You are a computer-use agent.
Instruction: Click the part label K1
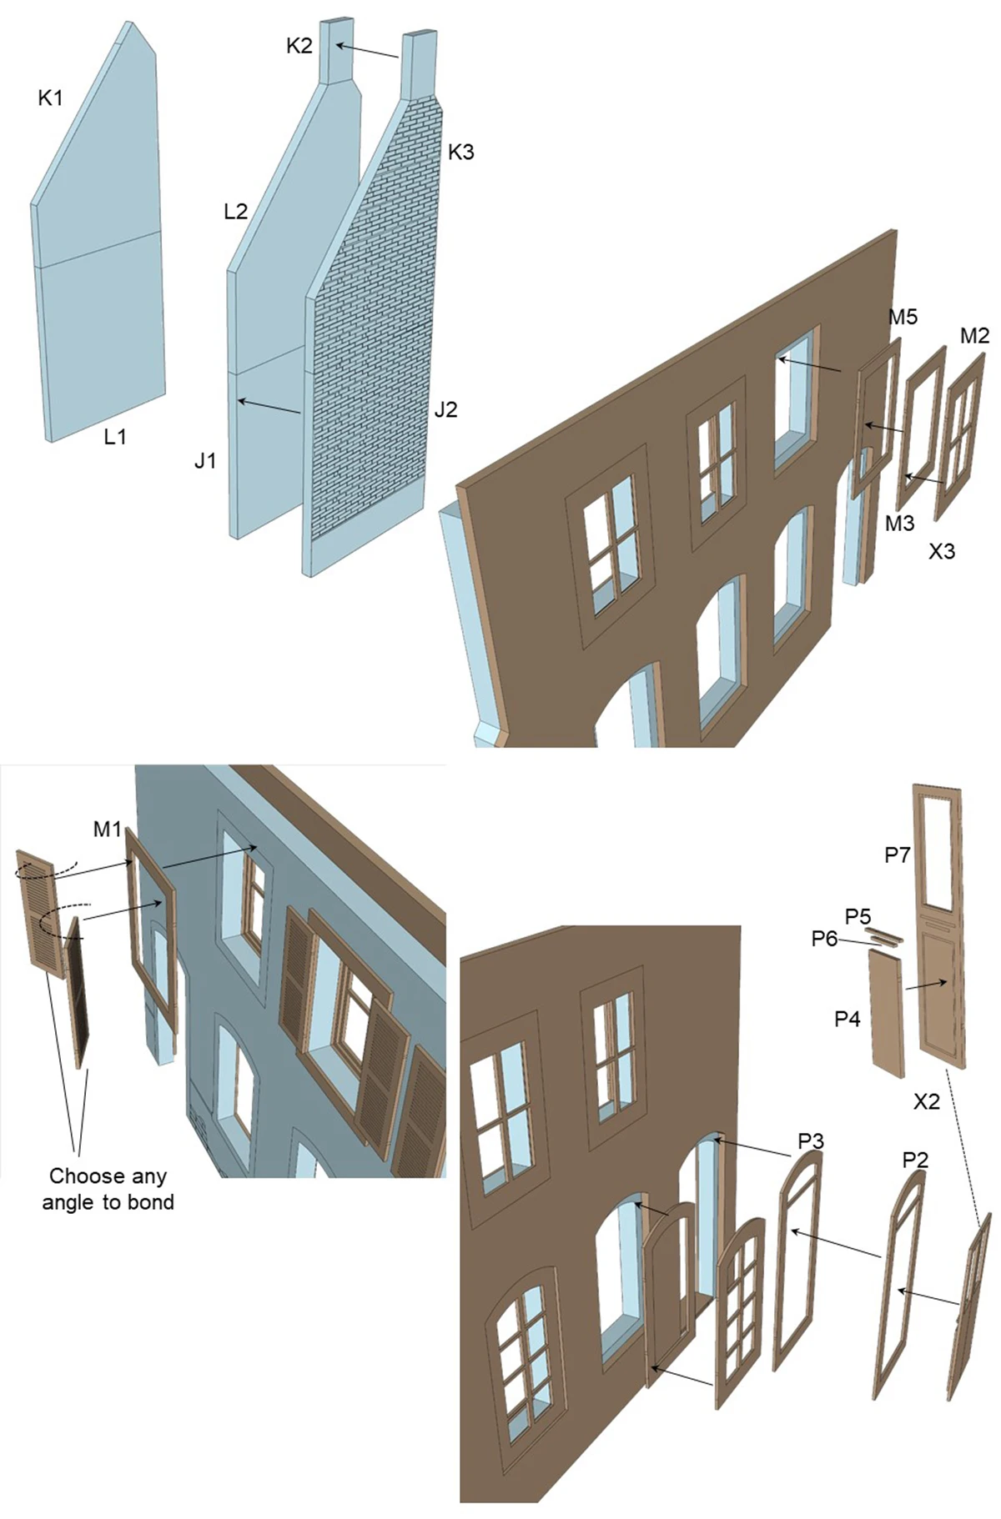50,98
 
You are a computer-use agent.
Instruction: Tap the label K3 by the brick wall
460,152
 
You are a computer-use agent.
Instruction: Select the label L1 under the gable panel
115,436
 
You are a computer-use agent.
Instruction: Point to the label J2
445,409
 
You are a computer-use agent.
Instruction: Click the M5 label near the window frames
903,317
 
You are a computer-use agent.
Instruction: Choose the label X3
942,551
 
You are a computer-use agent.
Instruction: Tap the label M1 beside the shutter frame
108,830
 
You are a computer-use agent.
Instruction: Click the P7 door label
898,855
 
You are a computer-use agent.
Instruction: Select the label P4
848,1019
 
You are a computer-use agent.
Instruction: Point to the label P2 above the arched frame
915,1160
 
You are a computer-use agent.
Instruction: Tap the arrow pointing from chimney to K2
367,52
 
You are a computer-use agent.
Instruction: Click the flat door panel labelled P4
888,1014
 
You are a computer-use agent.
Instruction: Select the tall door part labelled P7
941,925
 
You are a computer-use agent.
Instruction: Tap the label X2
926,1101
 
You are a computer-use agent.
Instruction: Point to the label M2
974,335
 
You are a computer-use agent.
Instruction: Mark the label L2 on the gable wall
236,211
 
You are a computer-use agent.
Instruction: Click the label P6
824,939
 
